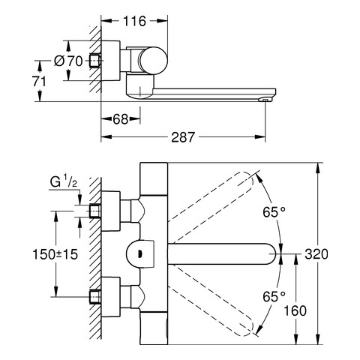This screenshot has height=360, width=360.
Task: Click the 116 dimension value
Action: pyautogui.click(x=134, y=21)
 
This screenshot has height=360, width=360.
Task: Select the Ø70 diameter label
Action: pyautogui.click(x=68, y=61)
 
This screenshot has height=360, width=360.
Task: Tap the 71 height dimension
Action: pyautogui.click(x=39, y=82)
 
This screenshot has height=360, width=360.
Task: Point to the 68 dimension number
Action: pyautogui.click(x=121, y=119)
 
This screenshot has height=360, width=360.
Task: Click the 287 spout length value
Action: pyautogui.click(x=183, y=137)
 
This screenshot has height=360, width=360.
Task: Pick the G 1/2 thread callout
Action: pyautogui.click(x=63, y=181)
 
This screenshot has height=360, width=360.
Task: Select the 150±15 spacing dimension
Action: pyautogui.click(x=55, y=254)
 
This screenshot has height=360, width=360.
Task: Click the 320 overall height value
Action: pyautogui.click(x=316, y=254)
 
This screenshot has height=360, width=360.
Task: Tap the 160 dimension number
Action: pyautogui.click(x=295, y=310)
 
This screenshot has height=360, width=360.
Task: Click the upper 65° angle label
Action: pyautogui.click(x=274, y=212)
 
